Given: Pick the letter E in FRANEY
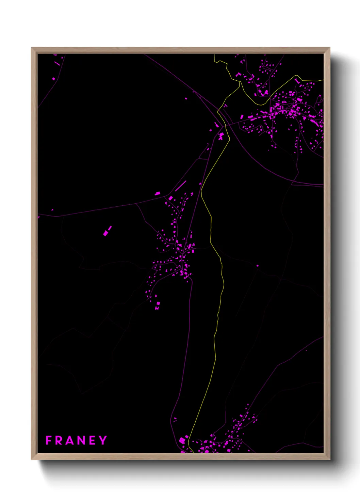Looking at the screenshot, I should (93, 440).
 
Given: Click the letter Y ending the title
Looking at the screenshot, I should (103, 440).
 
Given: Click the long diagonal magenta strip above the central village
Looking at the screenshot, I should (181, 186).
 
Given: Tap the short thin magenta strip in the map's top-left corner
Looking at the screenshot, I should (57, 63).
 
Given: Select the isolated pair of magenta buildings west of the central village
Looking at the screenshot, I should (107, 231).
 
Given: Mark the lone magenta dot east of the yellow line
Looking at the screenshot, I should (257, 266).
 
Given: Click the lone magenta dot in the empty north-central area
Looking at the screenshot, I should (186, 99).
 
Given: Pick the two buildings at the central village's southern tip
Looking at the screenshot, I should (158, 305).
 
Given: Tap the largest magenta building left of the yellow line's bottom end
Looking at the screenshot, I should (183, 440).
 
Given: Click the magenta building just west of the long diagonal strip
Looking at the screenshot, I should (157, 193).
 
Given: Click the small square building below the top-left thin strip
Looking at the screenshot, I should (54, 79).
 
